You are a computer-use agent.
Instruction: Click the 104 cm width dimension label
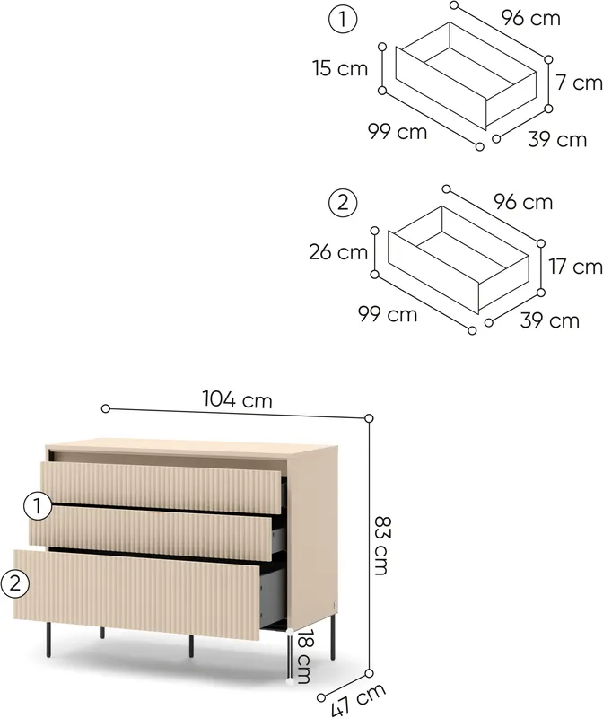point(237,399)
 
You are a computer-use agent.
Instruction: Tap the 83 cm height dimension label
point(381,546)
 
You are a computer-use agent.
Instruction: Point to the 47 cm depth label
point(358,700)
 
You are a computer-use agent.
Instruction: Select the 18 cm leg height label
point(303,656)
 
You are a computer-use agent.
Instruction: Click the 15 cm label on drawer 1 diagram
point(340,68)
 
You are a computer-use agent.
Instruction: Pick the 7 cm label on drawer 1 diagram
point(579,83)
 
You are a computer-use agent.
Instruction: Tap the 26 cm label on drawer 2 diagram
point(338,252)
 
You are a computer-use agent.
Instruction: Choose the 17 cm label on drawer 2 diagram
point(575,267)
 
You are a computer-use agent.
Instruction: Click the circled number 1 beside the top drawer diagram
point(343,20)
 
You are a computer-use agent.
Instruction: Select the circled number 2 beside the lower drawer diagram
point(343,203)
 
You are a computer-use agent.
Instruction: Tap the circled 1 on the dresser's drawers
point(38,506)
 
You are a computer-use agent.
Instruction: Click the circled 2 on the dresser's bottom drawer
point(14,584)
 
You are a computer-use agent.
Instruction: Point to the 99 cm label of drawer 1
point(398,132)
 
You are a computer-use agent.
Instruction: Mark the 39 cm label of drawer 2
point(550,320)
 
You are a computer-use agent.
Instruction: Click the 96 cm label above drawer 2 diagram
point(523,202)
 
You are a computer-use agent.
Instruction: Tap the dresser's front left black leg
point(48,641)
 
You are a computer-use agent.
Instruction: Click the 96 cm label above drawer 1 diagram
point(530,18)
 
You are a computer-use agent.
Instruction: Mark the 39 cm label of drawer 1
point(557,140)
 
